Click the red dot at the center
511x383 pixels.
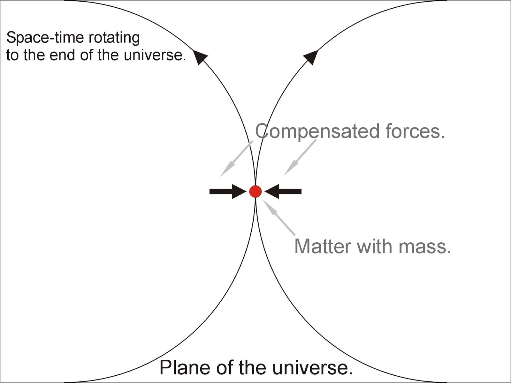coord(256,191)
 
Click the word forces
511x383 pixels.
coord(415,131)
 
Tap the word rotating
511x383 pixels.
coord(114,38)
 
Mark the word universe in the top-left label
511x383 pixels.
coord(155,55)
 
